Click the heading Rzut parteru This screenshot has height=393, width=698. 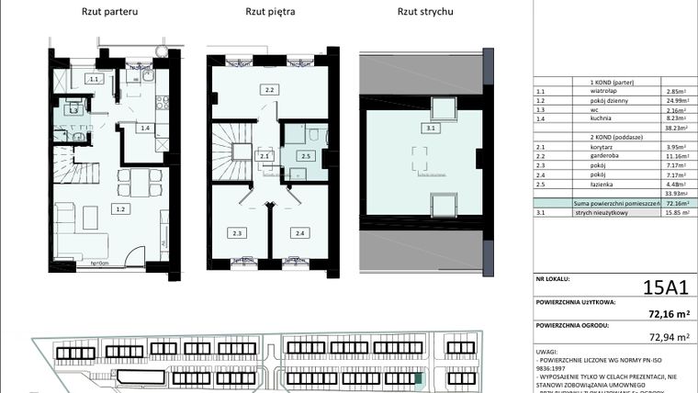tap(110, 12)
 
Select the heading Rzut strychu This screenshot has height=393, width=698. tap(424, 12)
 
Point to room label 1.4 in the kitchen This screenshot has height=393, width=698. tap(145, 128)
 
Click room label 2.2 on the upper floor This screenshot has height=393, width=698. tap(270, 90)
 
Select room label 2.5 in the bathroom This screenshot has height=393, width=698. tap(306, 157)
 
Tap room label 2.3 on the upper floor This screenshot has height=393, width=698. tap(237, 233)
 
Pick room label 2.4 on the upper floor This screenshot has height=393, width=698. tap(299, 233)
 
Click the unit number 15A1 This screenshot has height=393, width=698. tap(665, 288)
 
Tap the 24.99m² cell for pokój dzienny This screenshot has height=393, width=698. tap(674, 101)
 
